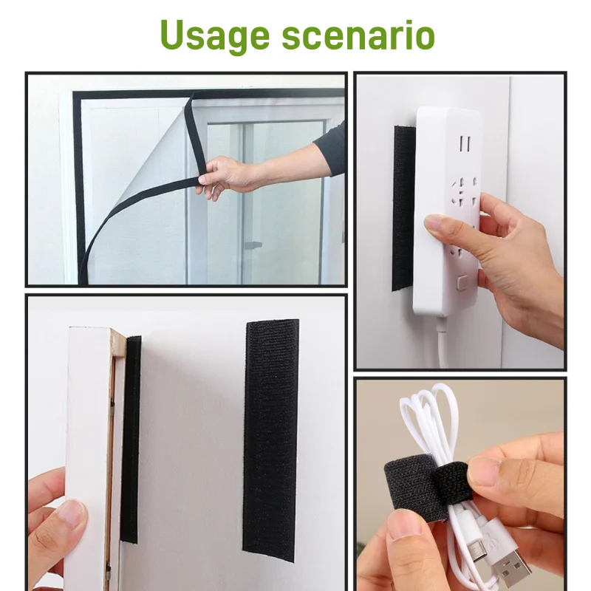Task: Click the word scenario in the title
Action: [x=359, y=35]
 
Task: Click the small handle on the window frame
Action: [x=253, y=244]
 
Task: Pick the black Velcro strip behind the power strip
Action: [x=403, y=207]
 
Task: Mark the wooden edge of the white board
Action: [x=116, y=443]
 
